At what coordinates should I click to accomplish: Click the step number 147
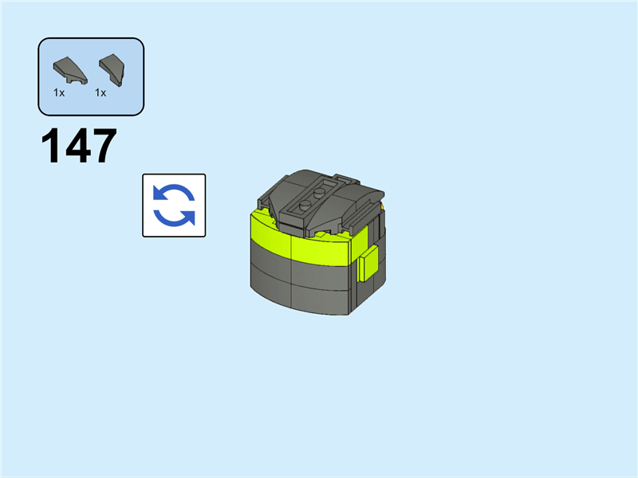point(79,145)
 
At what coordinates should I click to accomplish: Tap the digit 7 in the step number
point(104,145)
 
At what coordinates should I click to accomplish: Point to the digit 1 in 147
point(50,145)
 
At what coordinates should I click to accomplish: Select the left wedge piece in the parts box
point(70,71)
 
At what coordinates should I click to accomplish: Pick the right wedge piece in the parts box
point(112,70)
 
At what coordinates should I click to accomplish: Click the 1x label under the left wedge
point(59,93)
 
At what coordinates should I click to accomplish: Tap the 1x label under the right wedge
point(100,93)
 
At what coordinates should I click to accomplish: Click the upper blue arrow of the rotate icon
point(173,193)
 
